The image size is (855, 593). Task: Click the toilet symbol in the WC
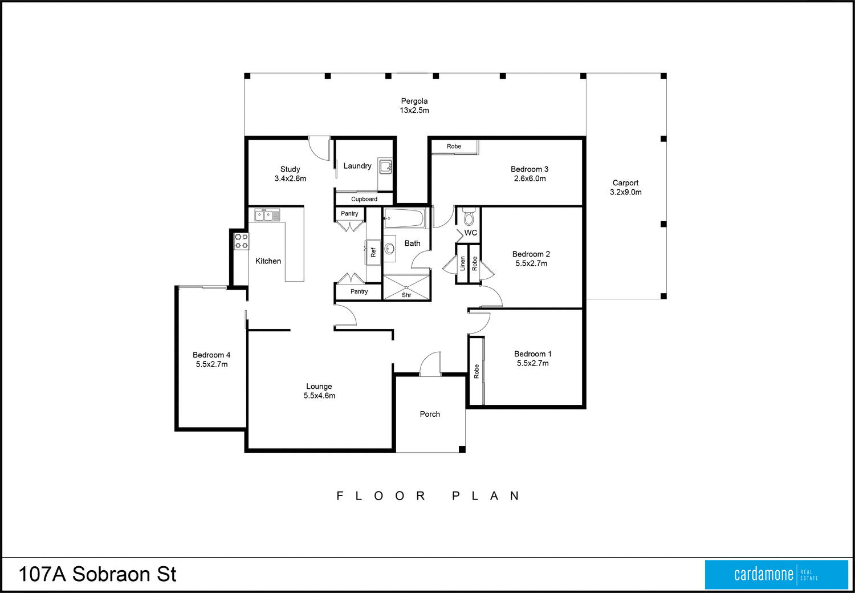(469, 217)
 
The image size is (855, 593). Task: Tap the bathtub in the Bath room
(404, 218)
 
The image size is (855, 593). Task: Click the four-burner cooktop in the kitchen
(241, 241)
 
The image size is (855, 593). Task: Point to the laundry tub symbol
(386, 166)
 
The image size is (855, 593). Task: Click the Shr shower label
(406, 295)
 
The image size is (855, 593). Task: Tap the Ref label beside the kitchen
(373, 252)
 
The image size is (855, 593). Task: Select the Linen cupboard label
(462, 263)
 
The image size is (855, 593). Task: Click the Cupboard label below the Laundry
(364, 199)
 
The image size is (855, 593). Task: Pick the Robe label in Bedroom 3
(454, 147)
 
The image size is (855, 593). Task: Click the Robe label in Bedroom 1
(477, 372)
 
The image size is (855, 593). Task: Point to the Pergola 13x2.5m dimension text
(414, 110)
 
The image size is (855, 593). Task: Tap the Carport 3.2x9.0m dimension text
(626, 192)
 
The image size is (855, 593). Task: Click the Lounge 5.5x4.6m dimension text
(319, 396)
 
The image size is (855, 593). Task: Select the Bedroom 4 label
(211, 355)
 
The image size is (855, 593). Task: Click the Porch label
(430, 414)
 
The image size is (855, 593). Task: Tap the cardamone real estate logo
(776, 574)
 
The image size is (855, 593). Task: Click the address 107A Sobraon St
(97, 574)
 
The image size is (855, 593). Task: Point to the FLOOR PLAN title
(427, 496)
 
